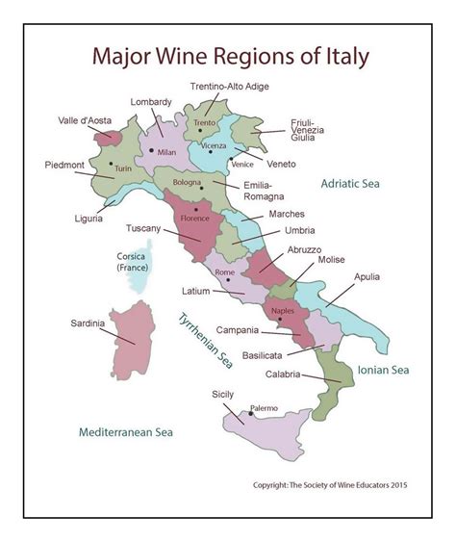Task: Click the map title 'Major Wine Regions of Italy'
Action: (230, 56)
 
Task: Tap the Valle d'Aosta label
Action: (84, 120)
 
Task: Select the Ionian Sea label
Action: (383, 369)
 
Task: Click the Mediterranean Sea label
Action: (124, 431)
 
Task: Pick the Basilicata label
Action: (262, 354)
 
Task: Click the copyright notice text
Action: (330, 485)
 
